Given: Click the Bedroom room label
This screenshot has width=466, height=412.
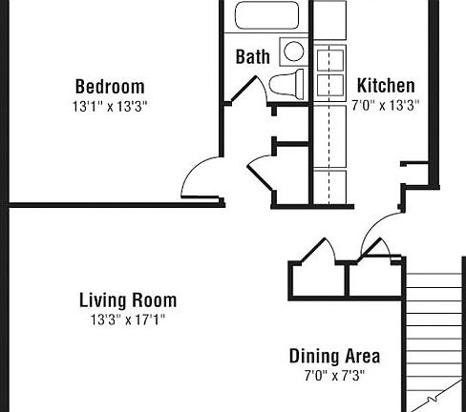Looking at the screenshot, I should (110, 86).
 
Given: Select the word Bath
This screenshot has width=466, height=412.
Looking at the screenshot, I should (252, 57).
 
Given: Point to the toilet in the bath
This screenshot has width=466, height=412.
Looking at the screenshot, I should (286, 85).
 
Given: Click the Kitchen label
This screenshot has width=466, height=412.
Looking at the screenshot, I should (385, 85).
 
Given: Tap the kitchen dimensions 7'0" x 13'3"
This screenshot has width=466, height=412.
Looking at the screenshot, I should (385, 104).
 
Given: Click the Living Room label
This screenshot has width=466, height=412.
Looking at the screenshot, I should (127, 300).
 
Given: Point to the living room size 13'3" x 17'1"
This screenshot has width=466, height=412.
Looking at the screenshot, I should (127, 319).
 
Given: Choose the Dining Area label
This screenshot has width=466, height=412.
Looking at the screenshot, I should (334, 357).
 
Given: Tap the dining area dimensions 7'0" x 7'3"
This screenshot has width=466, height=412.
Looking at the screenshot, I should (334, 375).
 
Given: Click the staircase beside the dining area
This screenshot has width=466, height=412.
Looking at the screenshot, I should (434, 334).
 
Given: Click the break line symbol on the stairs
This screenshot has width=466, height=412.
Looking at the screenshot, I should (434, 394).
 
